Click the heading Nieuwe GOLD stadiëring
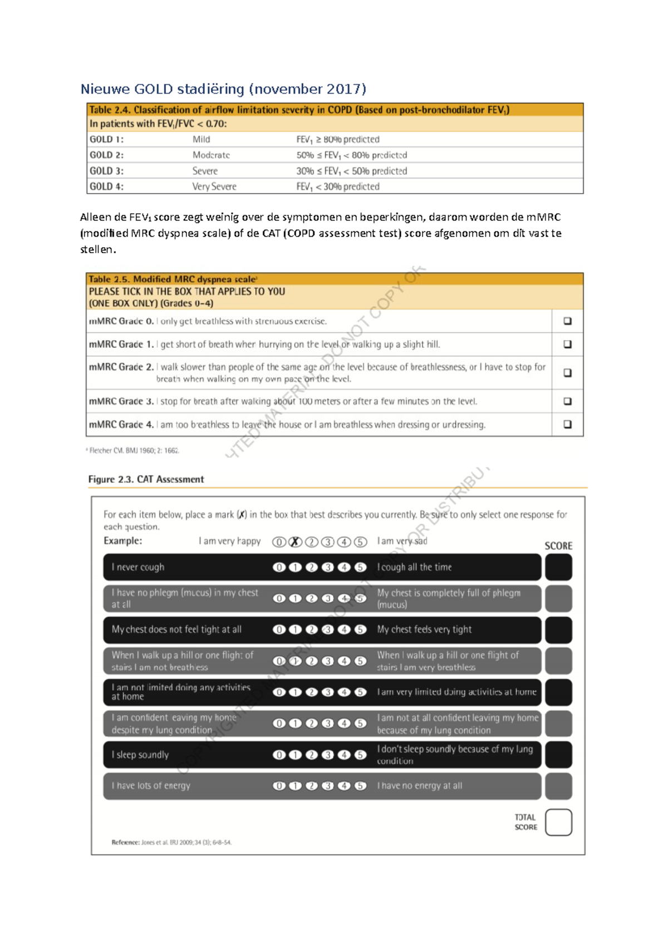pos(223,89)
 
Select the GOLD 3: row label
pos(107,171)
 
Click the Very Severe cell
pos(214,186)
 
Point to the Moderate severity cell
pos(211,155)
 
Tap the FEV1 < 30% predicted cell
pos(338,186)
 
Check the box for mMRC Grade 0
pos(567,321)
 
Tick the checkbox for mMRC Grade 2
pos(567,373)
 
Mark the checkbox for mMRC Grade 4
pos(567,424)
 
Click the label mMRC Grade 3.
pos(121,401)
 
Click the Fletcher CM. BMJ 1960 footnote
pos(134,450)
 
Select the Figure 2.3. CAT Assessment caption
pos(146,479)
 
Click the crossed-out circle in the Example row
pos(296,542)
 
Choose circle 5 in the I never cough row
pos(361,567)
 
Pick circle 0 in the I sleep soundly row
pos(279,755)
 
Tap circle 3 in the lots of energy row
pos(328,786)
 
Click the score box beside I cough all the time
pos(558,567)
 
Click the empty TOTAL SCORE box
pos(558,822)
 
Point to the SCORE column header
pos(558,546)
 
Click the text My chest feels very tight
pos(424,629)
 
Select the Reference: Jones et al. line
pos(171,842)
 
